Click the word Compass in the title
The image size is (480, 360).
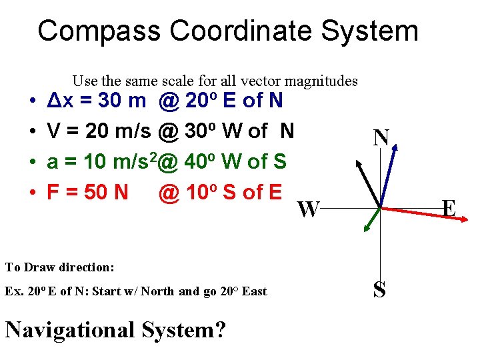(x=99, y=31)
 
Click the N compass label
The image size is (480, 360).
(x=381, y=139)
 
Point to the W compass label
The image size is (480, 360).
(x=307, y=210)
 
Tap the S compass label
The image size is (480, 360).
(x=379, y=290)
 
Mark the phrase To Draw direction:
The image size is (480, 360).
(x=60, y=267)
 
